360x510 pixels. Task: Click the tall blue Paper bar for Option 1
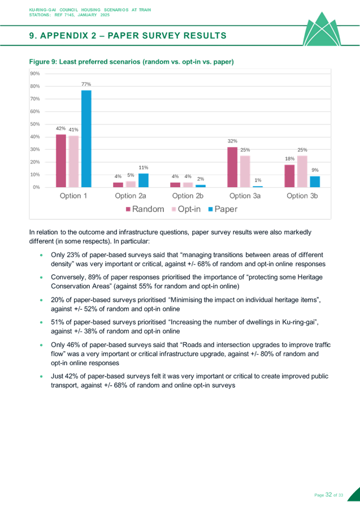pos(86,139)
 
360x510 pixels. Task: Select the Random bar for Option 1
pos(60,161)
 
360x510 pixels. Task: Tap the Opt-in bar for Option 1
pos(73,161)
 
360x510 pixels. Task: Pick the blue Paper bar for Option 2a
pos(143,180)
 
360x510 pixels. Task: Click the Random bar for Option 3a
pos(232,167)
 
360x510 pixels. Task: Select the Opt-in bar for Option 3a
pos(245,171)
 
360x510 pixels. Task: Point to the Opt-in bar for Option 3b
pos(302,171)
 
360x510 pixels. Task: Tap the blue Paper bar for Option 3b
pos(315,181)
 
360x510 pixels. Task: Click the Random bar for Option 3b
pos(289,175)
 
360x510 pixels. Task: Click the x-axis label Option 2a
pos(131,196)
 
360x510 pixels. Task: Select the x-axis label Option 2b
pos(188,196)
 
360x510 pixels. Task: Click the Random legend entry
pos(144,209)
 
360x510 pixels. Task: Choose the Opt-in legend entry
pos(184,209)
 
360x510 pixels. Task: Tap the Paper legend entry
pos(222,209)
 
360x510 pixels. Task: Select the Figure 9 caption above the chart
pos(131,61)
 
